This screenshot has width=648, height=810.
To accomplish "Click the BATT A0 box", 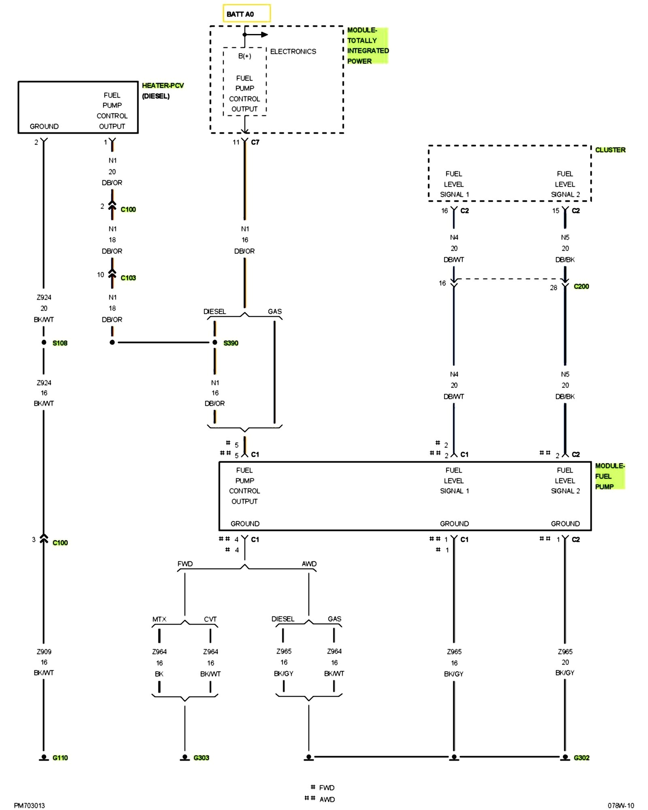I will point(246,13).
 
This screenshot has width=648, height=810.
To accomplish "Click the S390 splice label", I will point(231,343).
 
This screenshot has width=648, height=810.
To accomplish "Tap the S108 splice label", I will point(60,343).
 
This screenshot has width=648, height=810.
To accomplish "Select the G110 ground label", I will point(60,758).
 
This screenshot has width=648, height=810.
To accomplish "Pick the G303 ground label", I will point(201,758).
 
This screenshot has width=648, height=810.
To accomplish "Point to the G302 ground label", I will point(581,758).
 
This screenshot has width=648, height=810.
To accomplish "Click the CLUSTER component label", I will point(610,150).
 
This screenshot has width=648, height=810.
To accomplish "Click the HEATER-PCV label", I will point(162,85).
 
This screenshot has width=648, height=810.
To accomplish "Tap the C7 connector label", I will point(255,142).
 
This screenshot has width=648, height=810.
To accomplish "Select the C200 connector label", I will point(581,286).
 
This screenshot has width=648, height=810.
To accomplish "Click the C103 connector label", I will point(128,278).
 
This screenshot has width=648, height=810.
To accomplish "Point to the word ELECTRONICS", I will point(293,51).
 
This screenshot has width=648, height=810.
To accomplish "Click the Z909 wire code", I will point(44,652).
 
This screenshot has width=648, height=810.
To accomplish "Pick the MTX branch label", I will point(159,619).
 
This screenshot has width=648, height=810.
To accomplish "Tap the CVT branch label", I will point(210,619).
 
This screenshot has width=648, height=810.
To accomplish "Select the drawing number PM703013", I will point(29,806).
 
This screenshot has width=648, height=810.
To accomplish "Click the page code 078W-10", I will point(620,806).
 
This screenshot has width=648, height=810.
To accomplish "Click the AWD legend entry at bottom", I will point(327,799).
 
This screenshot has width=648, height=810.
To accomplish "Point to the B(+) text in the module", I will point(245,56).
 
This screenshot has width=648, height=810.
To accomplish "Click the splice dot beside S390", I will point(215,343).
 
